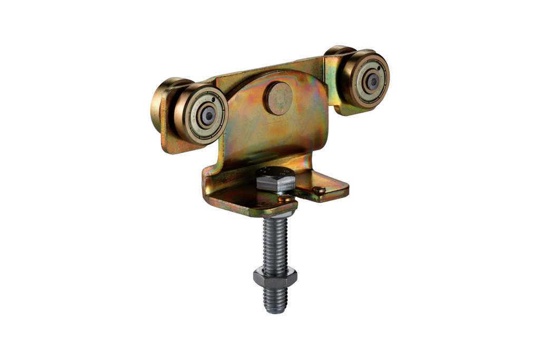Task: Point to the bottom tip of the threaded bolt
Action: tap(276, 310)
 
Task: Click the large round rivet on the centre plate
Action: tap(279, 99)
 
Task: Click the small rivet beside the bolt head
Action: tap(286, 199)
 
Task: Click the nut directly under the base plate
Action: tap(276, 212)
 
